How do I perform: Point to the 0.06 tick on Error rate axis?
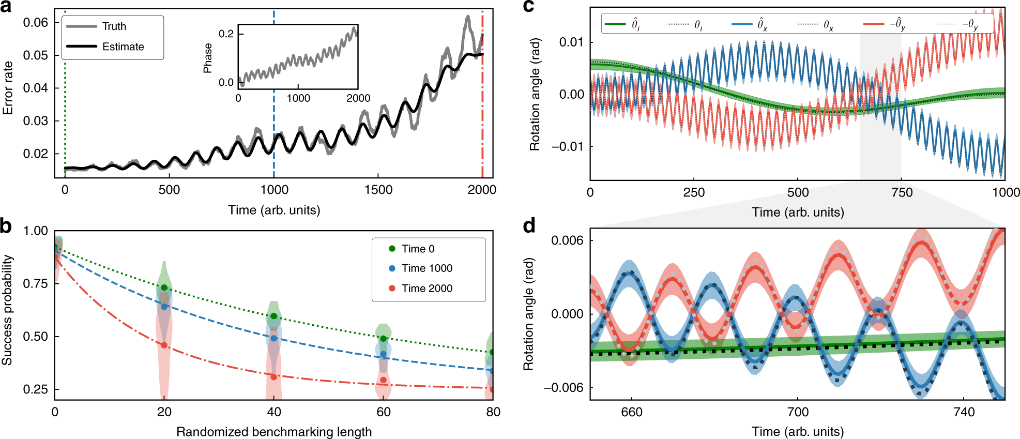pyautogui.click(x=35, y=22)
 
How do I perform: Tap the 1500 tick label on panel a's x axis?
pyautogui.click(x=378, y=190)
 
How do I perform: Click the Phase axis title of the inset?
pyautogui.click(x=208, y=58)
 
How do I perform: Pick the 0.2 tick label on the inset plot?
pyautogui.click(x=226, y=34)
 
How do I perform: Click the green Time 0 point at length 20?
pyautogui.click(x=164, y=287)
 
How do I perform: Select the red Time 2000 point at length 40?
pyautogui.click(x=274, y=377)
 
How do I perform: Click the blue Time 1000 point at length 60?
pyautogui.click(x=384, y=354)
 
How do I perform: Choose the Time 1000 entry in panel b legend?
pyautogui.click(x=427, y=268)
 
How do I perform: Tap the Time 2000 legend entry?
pyautogui.click(x=427, y=289)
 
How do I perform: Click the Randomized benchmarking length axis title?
pyautogui.click(x=274, y=432)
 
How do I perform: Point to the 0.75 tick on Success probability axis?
pyautogui.click(x=35, y=284)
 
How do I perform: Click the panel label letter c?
pyautogui.click(x=528, y=6)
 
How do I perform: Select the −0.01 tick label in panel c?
pyautogui.click(x=568, y=147)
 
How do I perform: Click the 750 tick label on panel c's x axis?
pyautogui.click(x=902, y=193)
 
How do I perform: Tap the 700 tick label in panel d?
pyautogui.click(x=798, y=412)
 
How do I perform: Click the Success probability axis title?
pyautogui.click(x=7, y=310)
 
